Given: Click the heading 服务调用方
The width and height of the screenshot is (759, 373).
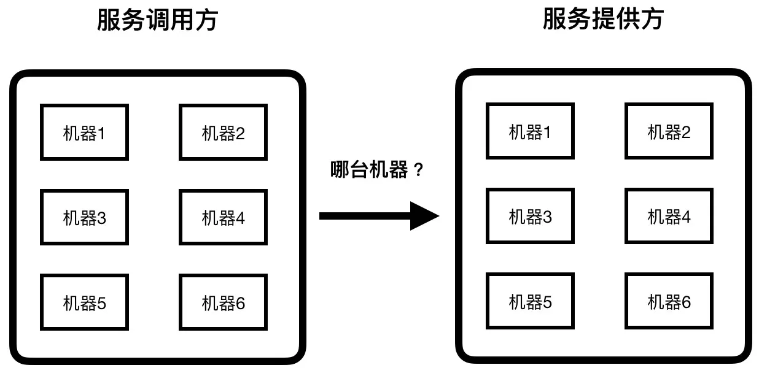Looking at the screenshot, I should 157,20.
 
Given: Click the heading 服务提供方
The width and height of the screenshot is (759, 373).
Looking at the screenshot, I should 603,19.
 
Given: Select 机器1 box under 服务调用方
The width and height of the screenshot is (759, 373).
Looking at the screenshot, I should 84,133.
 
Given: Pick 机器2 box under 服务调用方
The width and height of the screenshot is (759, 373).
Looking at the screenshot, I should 223,133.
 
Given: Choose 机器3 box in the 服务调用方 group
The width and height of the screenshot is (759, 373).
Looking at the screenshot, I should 84,217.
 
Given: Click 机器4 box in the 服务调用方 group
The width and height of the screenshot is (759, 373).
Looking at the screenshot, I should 223,217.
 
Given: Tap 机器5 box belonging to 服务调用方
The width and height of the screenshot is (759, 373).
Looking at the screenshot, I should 84,302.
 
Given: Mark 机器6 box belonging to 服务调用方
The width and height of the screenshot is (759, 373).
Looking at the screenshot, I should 223,302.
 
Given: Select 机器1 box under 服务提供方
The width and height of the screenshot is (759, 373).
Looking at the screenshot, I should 530,131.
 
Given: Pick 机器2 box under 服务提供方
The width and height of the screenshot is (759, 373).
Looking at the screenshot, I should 669,131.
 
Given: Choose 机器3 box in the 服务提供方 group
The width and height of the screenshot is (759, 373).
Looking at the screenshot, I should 530,216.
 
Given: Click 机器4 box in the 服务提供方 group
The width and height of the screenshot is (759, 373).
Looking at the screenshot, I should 669,216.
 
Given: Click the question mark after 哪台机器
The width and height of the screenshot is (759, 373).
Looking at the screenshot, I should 419,171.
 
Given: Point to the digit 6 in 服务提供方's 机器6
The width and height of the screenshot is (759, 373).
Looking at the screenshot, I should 685,301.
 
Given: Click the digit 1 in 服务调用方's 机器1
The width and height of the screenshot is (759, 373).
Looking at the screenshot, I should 101,133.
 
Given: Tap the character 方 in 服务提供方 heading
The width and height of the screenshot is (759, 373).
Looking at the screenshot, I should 652,19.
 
